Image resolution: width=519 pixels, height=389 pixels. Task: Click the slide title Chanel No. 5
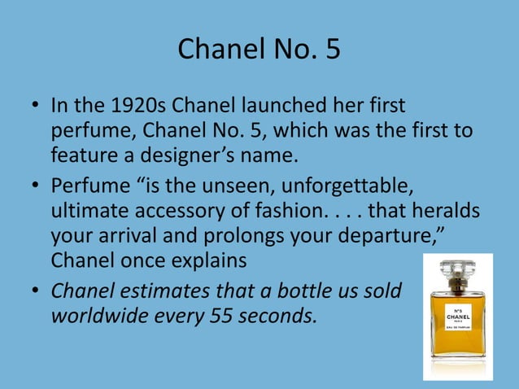[259, 50]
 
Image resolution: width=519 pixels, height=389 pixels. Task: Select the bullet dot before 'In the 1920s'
[35, 107]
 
